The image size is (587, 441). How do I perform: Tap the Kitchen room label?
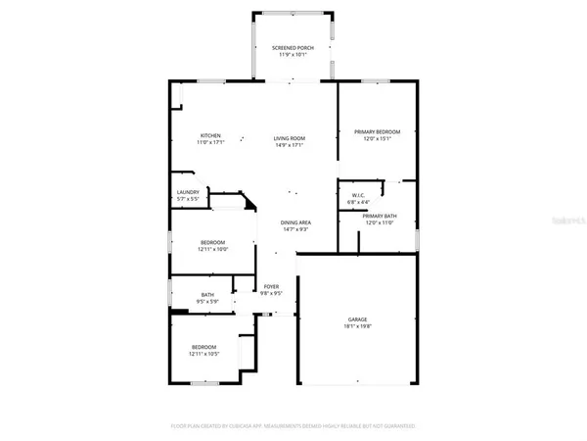click(x=210, y=135)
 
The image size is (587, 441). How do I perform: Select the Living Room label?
click(x=290, y=138)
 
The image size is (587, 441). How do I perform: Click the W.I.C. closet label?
click(x=358, y=195)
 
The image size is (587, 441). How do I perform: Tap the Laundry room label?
click(x=188, y=192)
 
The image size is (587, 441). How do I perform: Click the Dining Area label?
click(x=295, y=222)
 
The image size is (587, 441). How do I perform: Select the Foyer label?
click(x=271, y=286)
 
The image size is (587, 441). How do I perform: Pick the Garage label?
click(x=356, y=318)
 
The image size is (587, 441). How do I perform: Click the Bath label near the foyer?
click(x=207, y=294)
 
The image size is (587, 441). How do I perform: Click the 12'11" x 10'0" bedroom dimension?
click(x=213, y=249)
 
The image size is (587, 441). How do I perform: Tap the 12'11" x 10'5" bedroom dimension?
click(x=204, y=354)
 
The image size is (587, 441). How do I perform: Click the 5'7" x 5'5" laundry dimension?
click(x=188, y=199)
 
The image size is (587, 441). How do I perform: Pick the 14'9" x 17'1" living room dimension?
click(x=290, y=145)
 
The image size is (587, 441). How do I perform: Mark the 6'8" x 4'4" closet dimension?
click(x=358, y=202)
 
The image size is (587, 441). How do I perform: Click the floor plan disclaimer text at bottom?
click(x=293, y=426)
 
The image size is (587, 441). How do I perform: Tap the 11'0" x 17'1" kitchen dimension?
click(x=210, y=142)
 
